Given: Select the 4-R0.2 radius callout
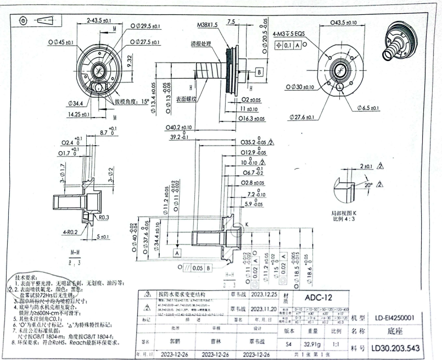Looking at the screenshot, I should (77, 232).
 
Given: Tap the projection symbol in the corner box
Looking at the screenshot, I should (33, 20).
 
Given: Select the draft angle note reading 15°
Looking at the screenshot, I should (131, 102).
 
